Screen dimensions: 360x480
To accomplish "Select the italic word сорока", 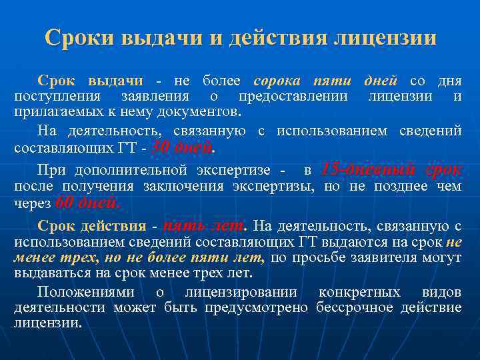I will point(279,81).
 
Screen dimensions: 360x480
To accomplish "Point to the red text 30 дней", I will point(183,146).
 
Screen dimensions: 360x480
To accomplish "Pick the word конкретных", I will point(360,293).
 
